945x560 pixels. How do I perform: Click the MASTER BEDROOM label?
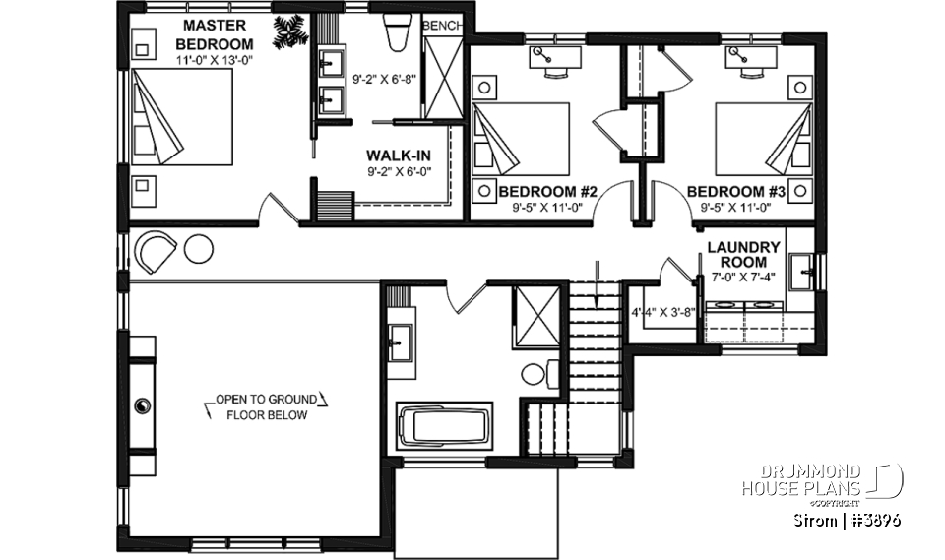click(x=214, y=35)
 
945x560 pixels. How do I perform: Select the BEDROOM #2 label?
click(x=541, y=191)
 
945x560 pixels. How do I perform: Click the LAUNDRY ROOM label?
click(x=743, y=255)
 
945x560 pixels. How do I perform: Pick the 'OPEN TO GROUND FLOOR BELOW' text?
click(x=267, y=407)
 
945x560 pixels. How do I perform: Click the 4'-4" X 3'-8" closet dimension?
click(x=662, y=314)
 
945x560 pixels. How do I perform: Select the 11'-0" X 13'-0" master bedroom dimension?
click(x=214, y=60)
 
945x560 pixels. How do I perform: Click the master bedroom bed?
click(x=183, y=115)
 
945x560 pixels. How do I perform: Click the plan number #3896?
click(x=873, y=519)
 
